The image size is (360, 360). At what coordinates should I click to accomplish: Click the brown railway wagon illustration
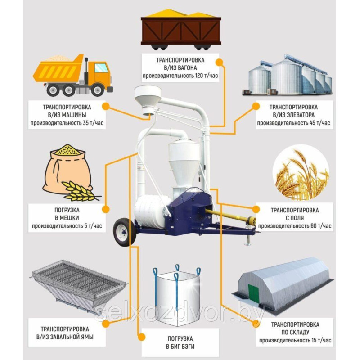181,29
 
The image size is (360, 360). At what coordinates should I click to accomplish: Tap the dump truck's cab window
101,68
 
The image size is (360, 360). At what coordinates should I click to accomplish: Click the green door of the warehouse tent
253,293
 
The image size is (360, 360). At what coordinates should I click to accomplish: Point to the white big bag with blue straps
177,295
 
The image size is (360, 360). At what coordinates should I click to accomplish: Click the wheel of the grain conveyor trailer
124,232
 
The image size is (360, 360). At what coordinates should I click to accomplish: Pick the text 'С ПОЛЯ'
295,218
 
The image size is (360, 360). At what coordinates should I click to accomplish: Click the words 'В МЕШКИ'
67,218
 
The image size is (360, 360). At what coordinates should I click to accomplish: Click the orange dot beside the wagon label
220,62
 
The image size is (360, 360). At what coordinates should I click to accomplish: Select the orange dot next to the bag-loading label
106,209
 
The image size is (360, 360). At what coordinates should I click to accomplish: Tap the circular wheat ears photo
301,173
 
